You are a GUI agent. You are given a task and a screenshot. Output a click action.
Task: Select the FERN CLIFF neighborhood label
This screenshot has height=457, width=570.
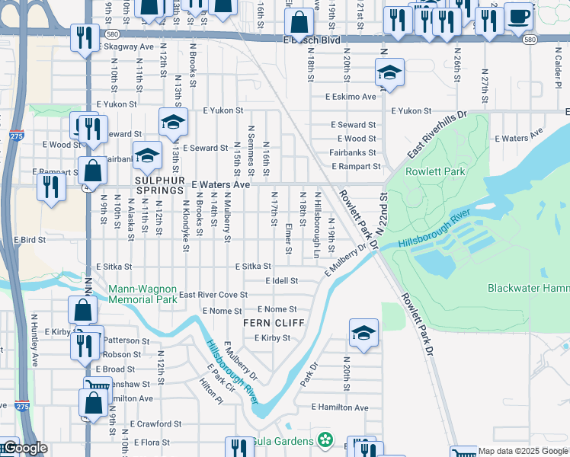(x=274, y=323)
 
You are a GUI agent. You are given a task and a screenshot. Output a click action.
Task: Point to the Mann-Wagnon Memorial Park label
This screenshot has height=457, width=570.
(x=142, y=294)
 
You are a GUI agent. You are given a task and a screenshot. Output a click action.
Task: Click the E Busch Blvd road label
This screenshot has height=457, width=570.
(x=311, y=40)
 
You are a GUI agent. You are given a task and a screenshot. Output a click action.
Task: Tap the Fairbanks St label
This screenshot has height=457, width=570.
(x=353, y=152)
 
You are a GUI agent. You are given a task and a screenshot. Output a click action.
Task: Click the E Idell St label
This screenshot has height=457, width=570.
(x=281, y=281)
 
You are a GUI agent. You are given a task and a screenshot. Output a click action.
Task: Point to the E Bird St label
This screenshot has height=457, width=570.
(x=29, y=239)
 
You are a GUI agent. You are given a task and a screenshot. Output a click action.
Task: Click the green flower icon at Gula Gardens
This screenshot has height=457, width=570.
(x=326, y=440)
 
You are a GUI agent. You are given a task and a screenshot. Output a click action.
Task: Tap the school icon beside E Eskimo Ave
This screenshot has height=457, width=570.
(x=389, y=73)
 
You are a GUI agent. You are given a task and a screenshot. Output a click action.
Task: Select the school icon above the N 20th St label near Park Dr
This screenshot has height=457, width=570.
(x=363, y=333)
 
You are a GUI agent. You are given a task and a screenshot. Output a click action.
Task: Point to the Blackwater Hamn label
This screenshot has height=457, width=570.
(x=528, y=288)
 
